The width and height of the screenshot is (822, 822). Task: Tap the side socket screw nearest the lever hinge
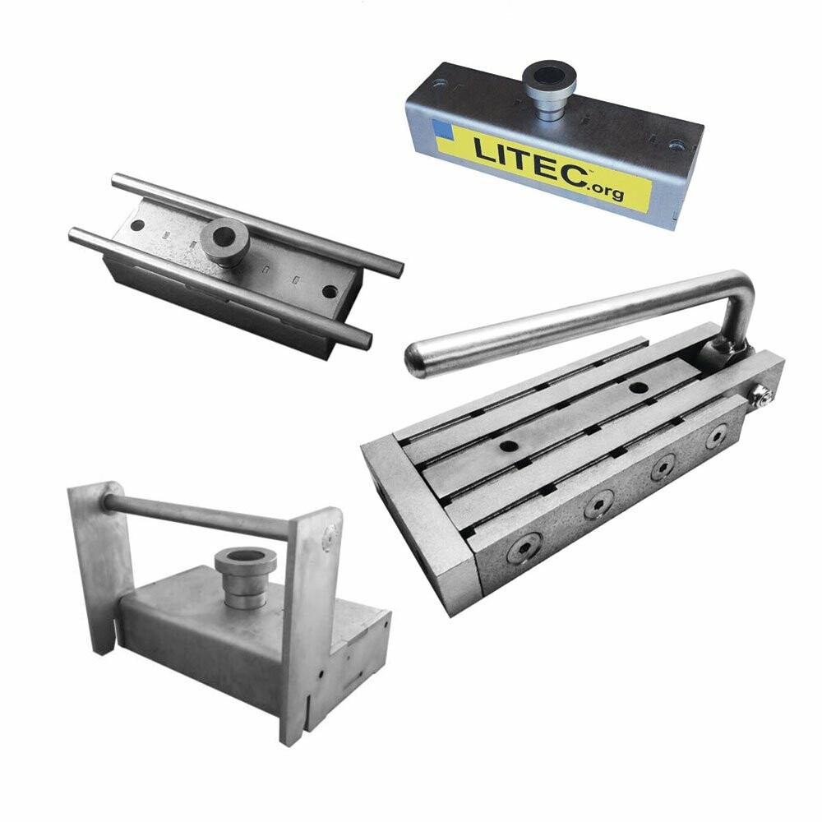click(x=717, y=436)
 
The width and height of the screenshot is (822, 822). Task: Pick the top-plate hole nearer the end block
click(x=508, y=447)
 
